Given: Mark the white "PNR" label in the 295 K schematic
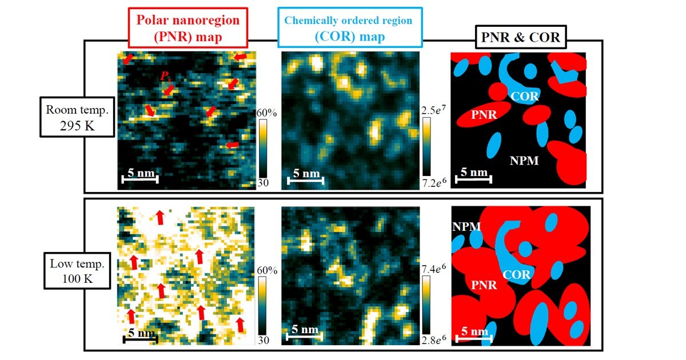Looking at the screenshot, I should tap(484, 115).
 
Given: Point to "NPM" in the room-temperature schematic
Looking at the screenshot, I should tap(524, 161).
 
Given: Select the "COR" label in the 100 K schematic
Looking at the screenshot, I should tap(516, 274).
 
